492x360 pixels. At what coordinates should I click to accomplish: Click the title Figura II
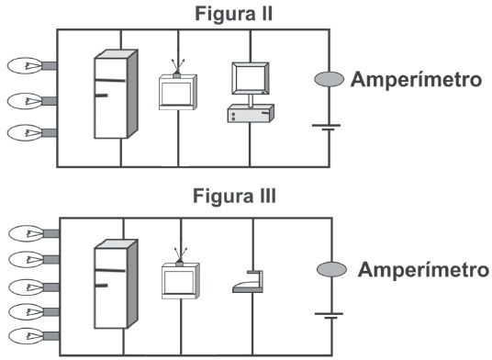tap(234, 14)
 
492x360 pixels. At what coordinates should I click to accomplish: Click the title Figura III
tap(234, 196)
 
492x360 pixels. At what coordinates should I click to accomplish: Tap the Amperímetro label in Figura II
tap(416, 79)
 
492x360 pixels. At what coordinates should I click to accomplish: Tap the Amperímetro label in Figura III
tap(423, 270)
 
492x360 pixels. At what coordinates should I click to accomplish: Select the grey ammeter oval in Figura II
tap(330, 79)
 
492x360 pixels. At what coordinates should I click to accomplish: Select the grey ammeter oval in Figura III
tap(331, 269)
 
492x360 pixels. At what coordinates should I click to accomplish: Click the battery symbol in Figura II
tap(327, 128)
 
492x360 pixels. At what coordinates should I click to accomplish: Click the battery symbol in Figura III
tap(329, 316)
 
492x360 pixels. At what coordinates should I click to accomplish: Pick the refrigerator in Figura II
tap(116, 94)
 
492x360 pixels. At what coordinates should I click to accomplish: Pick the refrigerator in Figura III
tap(116, 284)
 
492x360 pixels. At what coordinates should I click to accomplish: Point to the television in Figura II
tap(178, 89)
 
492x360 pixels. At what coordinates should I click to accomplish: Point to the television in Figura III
tap(181, 277)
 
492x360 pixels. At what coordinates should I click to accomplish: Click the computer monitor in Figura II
tap(251, 78)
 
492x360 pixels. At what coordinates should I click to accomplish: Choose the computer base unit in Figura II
tap(251, 113)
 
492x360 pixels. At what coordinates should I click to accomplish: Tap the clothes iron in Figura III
tap(248, 282)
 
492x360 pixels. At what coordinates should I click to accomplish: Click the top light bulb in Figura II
tap(31, 65)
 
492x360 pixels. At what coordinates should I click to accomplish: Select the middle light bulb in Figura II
tap(31, 101)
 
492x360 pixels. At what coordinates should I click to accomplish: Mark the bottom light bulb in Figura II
tap(31, 133)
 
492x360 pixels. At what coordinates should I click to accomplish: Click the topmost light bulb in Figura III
tap(34, 233)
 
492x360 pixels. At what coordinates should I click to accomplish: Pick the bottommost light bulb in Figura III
tap(34, 336)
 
